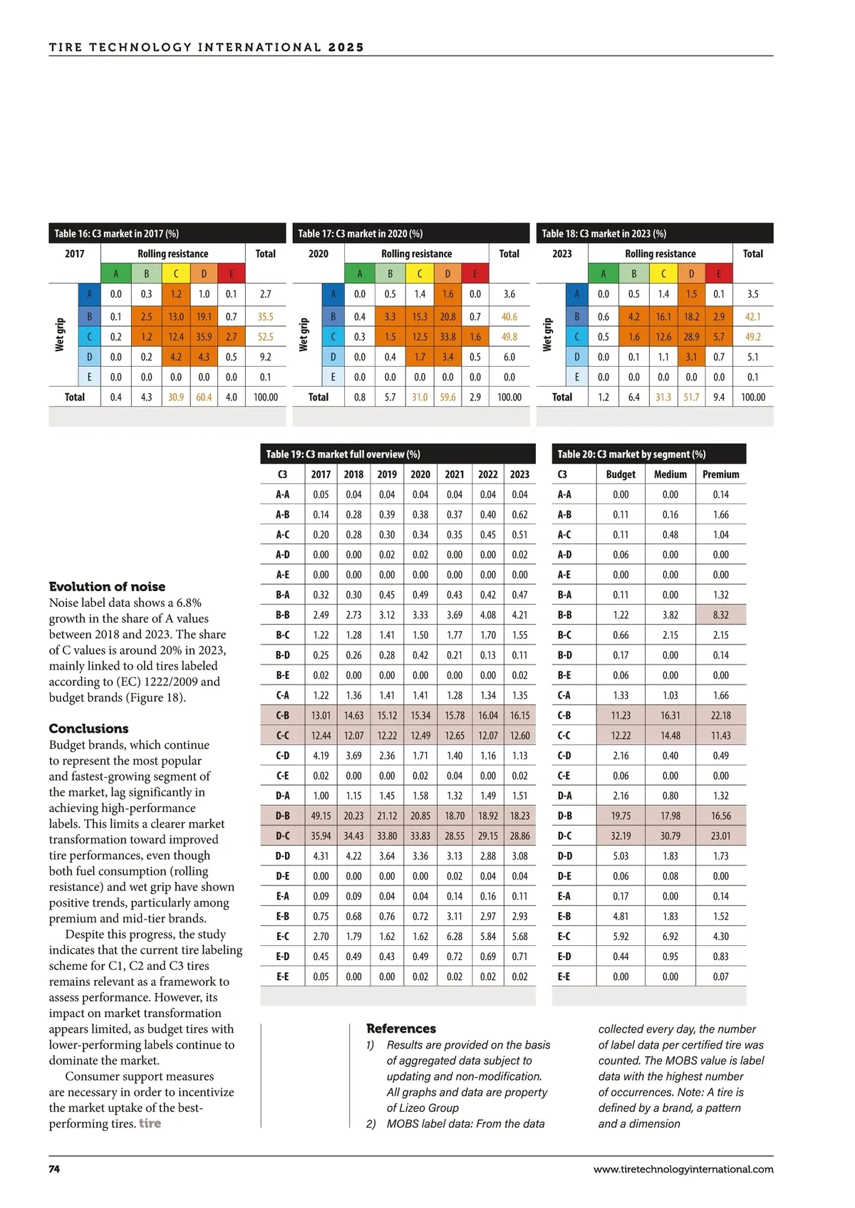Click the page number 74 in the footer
coord(54,1169)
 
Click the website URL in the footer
coord(683,1169)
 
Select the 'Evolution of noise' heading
coord(107,586)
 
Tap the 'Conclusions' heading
coord(88,728)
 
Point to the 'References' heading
coord(401,1028)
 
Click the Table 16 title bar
coord(167,233)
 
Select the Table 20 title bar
coord(648,454)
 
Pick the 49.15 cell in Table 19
coord(321,816)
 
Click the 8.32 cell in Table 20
coord(720,615)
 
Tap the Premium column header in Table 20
coord(720,474)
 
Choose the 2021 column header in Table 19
coord(454,474)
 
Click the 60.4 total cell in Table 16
coord(204,397)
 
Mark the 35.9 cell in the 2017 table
coord(204,337)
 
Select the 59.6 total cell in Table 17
coord(447,397)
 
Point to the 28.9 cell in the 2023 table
coord(691,337)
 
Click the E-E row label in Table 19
coord(283,977)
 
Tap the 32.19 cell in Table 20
coord(621,835)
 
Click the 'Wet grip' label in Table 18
coord(547,335)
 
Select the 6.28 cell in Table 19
coord(454,936)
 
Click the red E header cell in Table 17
coord(475,274)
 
